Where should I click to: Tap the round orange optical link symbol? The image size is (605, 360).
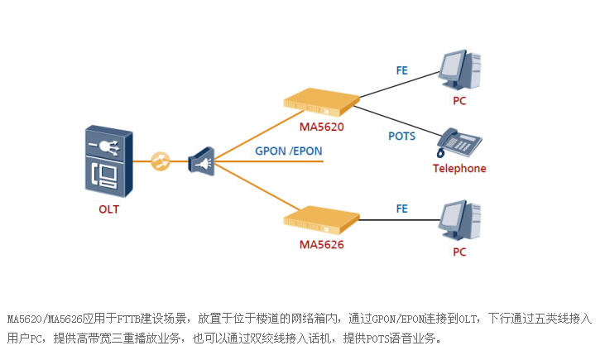pyautogui.click(x=161, y=161)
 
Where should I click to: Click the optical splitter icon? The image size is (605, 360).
pyautogui.click(x=201, y=162)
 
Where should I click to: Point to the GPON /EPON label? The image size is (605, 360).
pyautogui.click(x=289, y=151)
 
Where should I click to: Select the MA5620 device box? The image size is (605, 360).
pyautogui.click(x=322, y=101)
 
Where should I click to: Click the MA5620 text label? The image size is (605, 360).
pyautogui.click(x=321, y=127)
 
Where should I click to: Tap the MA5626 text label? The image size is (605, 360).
pyautogui.click(x=321, y=245)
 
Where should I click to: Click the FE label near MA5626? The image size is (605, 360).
pyautogui.click(x=402, y=209)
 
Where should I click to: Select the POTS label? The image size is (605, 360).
pyautogui.click(x=402, y=136)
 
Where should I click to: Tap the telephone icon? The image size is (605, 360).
pyautogui.click(x=459, y=142)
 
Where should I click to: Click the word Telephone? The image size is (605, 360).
pyautogui.click(x=459, y=169)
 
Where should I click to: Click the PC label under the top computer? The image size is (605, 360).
pyautogui.click(x=459, y=101)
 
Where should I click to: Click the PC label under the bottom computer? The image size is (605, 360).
pyautogui.click(x=459, y=252)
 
